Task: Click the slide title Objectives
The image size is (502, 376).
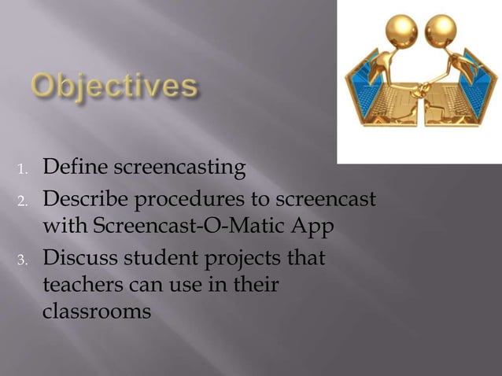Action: (113, 87)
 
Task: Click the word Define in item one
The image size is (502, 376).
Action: (76, 168)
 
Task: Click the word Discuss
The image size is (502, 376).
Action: (79, 257)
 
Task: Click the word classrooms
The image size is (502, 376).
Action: (95, 311)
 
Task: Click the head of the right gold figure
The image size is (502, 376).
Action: (441, 31)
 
